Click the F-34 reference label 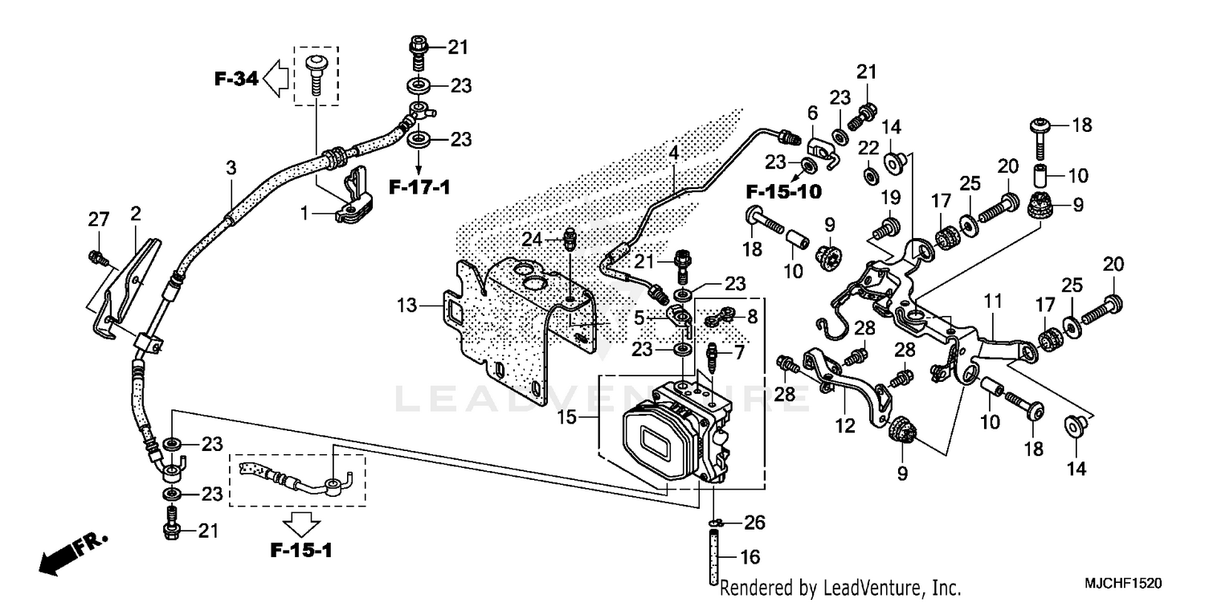click(x=235, y=79)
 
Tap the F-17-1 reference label click(x=419, y=187)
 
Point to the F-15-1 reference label click(x=301, y=552)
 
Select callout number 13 click(x=408, y=306)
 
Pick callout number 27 click(x=98, y=219)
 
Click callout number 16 click(x=749, y=556)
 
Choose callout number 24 click(x=532, y=239)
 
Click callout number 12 click(x=844, y=426)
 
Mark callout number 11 click(x=993, y=301)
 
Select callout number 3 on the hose click(x=231, y=168)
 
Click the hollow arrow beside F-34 click(x=276, y=79)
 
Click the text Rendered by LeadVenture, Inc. click(x=839, y=588)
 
